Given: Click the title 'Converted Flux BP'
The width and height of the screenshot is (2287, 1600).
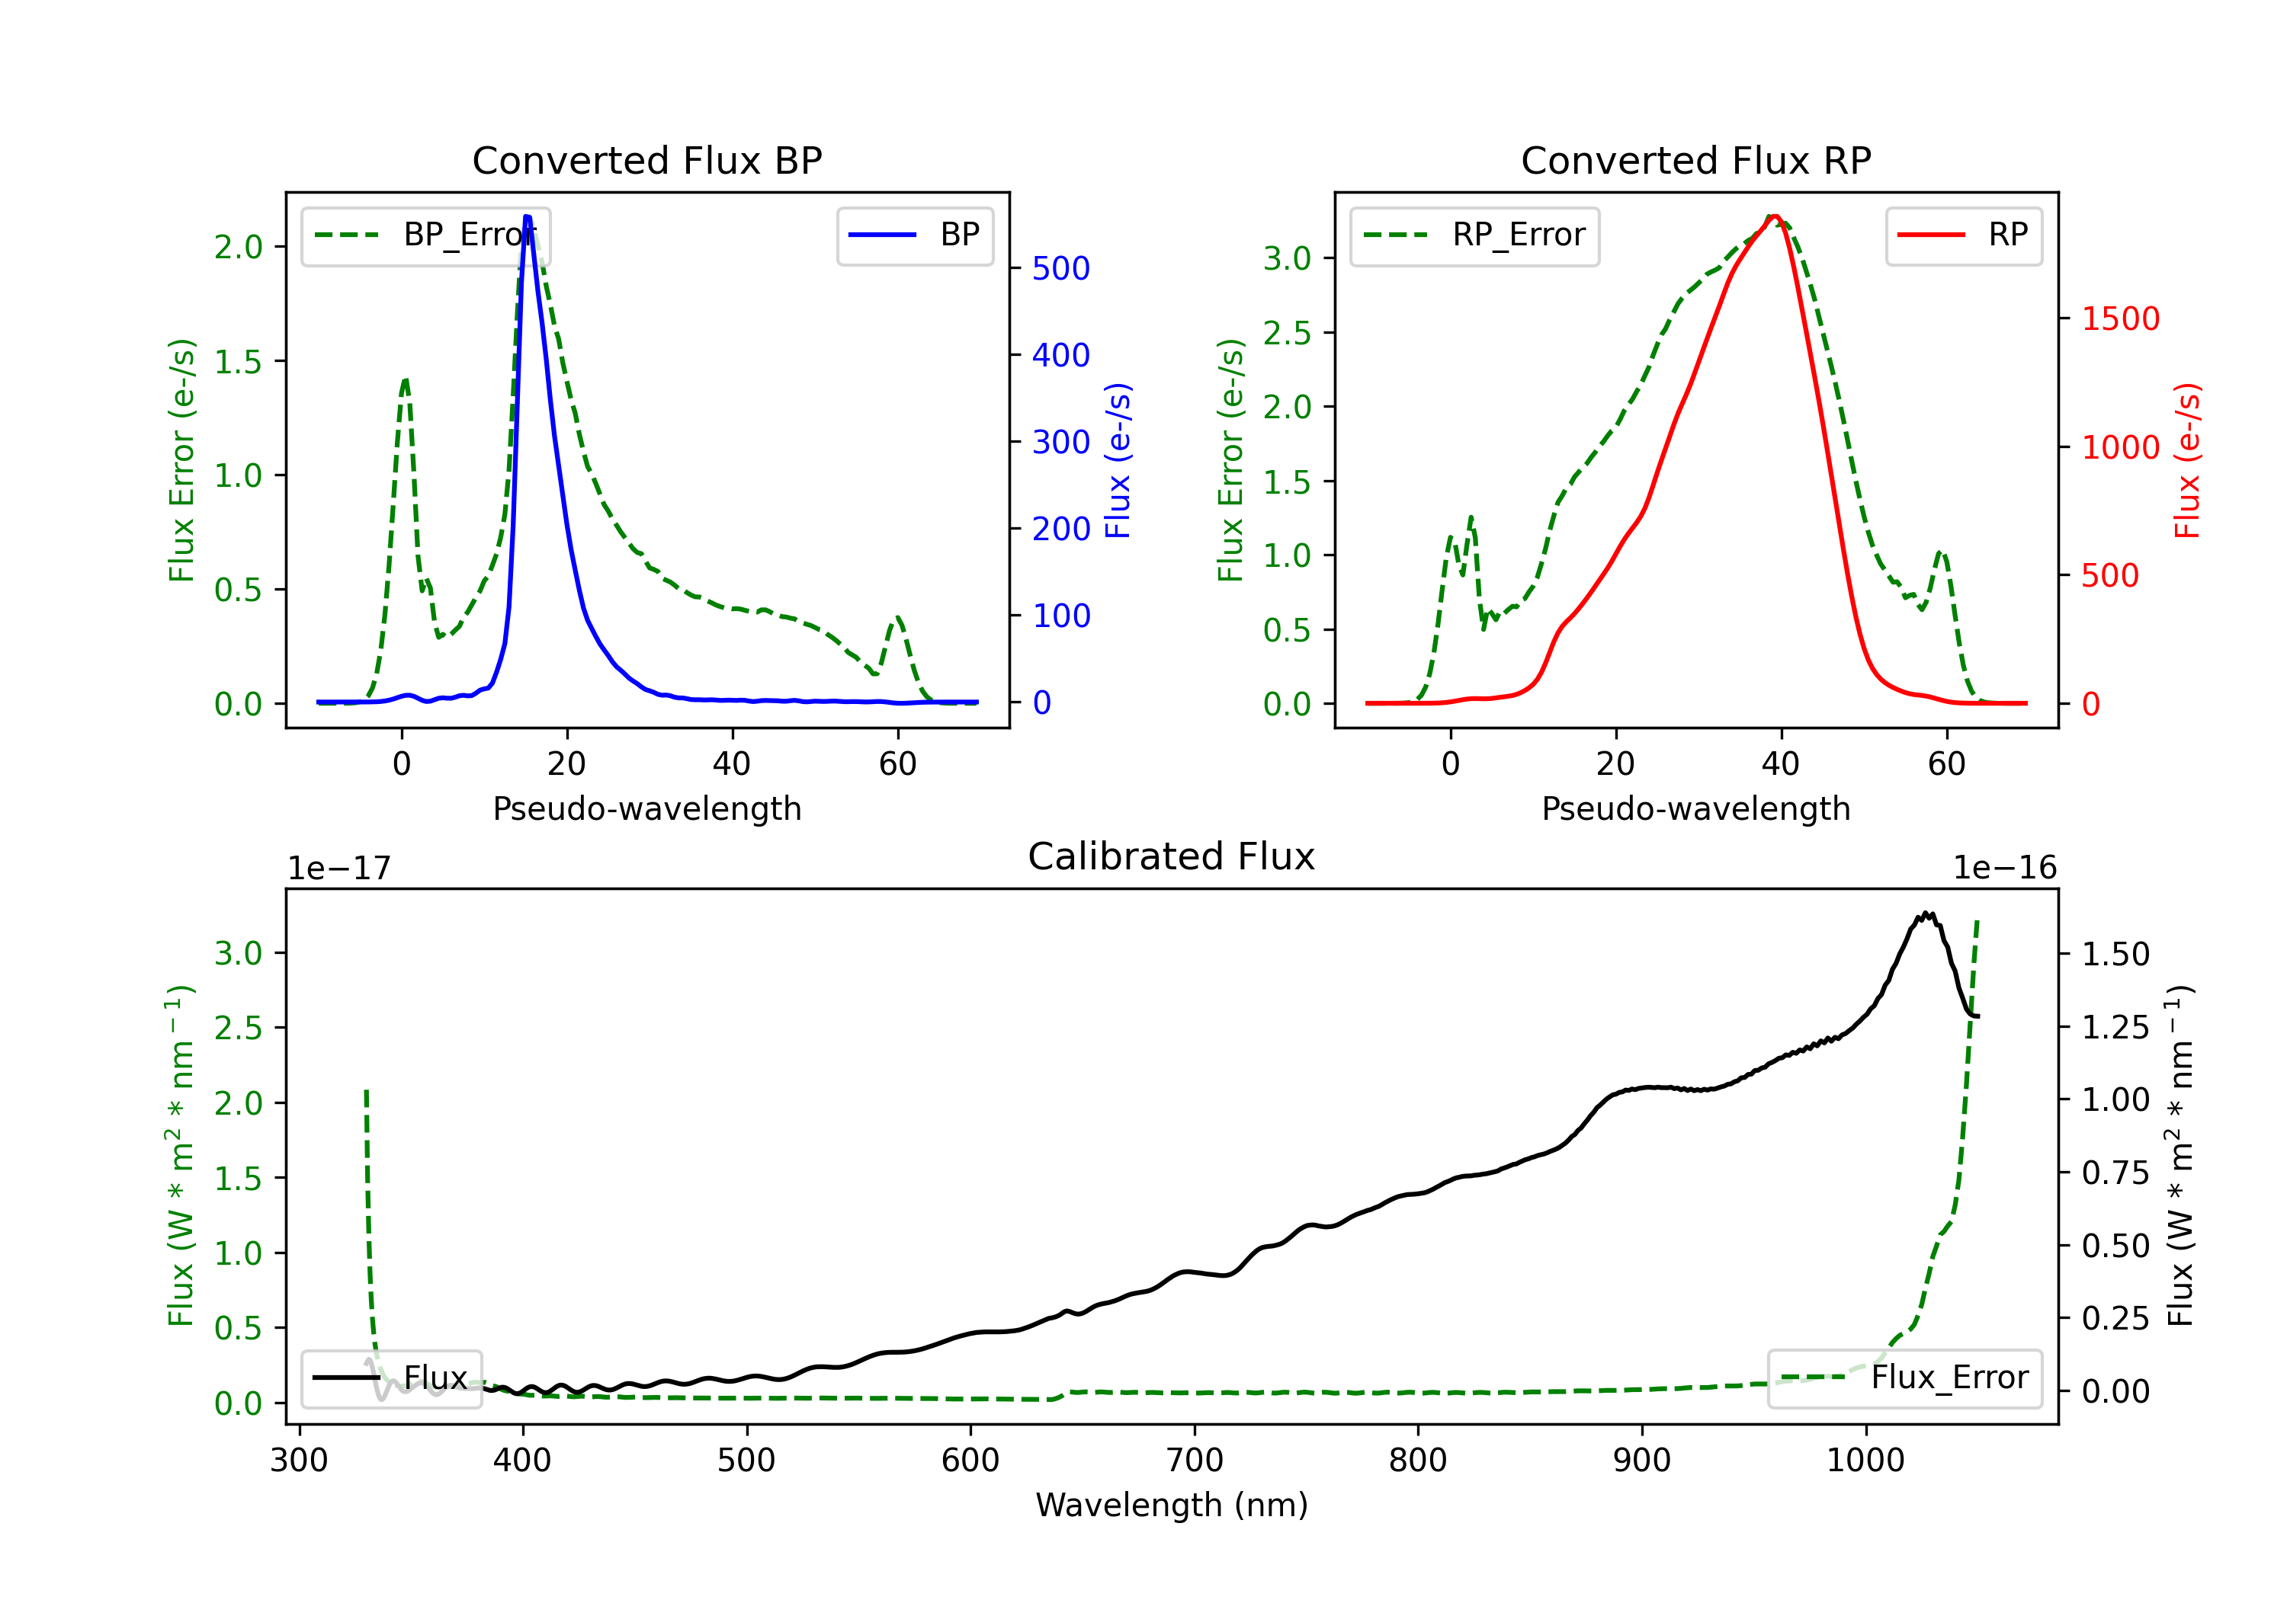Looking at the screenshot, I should pyautogui.click(x=646, y=160).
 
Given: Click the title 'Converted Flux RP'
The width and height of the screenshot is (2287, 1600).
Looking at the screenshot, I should pyautogui.click(x=1695, y=160).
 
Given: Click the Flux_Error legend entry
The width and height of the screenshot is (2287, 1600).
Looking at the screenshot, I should pyautogui.click(x=1904, y=1378).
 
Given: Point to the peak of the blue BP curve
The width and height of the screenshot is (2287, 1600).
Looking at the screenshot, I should pyautogui.click(x=527, y=216).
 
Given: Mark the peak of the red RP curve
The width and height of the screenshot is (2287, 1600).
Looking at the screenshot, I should pyautogui.click(x=1775, y=216).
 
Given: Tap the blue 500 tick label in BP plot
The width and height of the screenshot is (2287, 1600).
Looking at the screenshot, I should pyautogui.click(x=1061, y=269).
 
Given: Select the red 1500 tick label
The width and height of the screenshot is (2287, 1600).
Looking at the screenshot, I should pyautogui.click(x=2121, y=319).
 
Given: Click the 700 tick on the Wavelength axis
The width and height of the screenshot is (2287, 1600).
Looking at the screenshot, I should pyautogui.click(x=1193, y=1461).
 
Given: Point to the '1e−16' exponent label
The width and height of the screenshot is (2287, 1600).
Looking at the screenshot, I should pyautogui.click(x=2004, y=869).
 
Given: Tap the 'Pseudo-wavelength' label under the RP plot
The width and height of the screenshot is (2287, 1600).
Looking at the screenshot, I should pyautogui.click(x=1695, y=808).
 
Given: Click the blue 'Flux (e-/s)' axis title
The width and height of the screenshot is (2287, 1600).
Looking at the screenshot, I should pyautogui.click(x=1118, y=461).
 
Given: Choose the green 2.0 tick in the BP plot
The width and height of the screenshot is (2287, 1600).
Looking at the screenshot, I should pyautogui.click(x=238, y=247).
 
